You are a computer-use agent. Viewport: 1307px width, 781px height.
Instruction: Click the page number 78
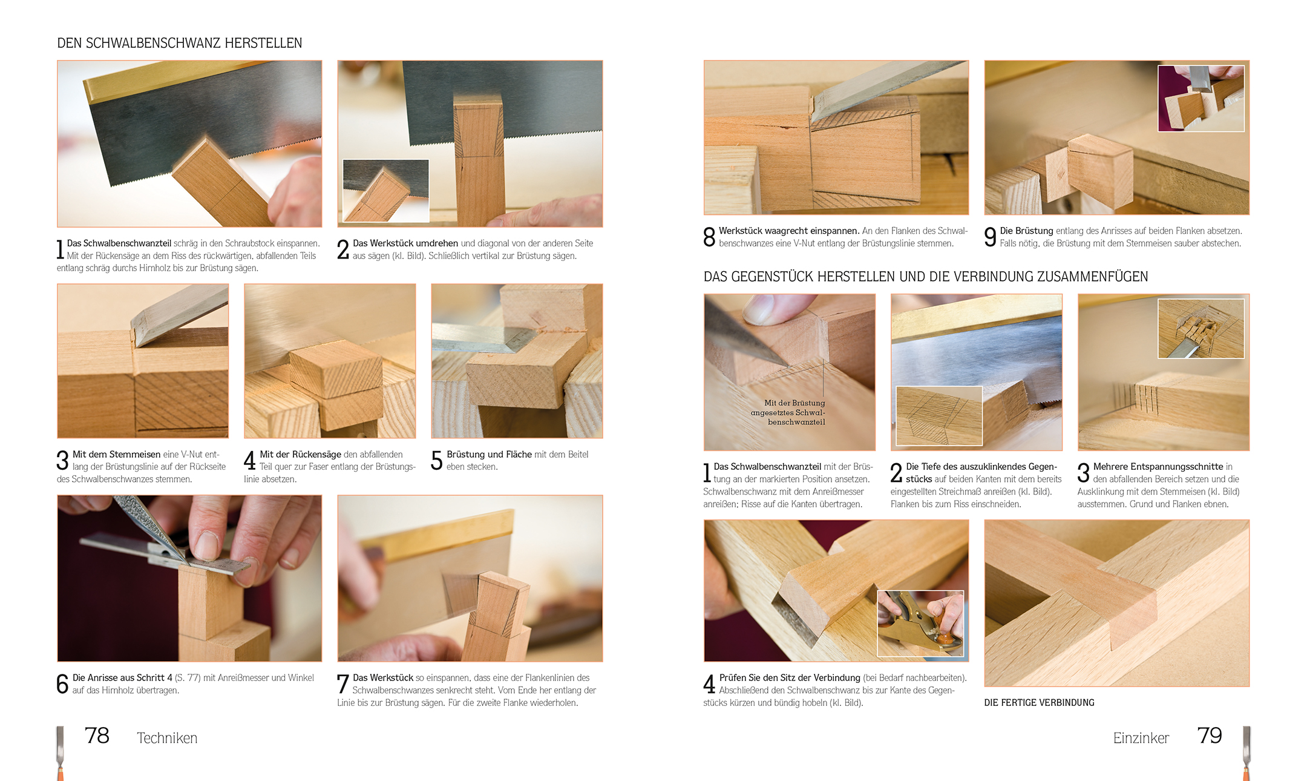click(x=97, y=736)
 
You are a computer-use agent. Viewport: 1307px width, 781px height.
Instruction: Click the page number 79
click(x=1210, y=736)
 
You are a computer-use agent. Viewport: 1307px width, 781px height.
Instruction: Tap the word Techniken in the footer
click(x=167, y=738)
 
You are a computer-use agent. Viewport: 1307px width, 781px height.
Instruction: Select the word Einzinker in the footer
click(x=1141, y=738)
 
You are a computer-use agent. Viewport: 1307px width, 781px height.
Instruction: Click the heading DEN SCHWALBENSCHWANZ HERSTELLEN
click(x=180, y=43)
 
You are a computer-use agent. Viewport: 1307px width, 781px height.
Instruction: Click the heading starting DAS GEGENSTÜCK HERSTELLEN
click(x=926, y=277)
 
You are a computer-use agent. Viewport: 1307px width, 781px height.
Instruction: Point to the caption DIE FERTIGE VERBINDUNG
click(x=1039, y=702)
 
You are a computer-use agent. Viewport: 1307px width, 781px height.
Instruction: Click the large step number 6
click(x=62, y=684)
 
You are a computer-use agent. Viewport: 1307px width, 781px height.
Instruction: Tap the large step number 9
click(x=990, y=237)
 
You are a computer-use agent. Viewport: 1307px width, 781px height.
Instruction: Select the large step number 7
click(x=342, y=684)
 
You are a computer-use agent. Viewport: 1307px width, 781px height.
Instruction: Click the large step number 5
click(x=437, y=461)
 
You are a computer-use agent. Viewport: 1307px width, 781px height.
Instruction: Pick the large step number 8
click(x=709, y=237)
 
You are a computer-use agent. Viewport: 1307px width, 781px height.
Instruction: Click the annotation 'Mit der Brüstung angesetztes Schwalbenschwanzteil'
click(x=788, y=412)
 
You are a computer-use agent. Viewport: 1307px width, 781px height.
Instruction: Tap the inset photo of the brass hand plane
click(x=920, y=624)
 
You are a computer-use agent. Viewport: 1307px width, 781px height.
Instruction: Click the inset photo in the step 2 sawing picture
click(x=386, y=191)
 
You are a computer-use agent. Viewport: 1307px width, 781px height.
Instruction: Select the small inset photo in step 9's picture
click(x=1201, y=98)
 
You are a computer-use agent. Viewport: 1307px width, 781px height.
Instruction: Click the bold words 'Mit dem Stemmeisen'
click(x=116, y=455)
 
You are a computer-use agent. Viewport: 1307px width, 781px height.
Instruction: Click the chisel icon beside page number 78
click(x=60, y=753)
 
